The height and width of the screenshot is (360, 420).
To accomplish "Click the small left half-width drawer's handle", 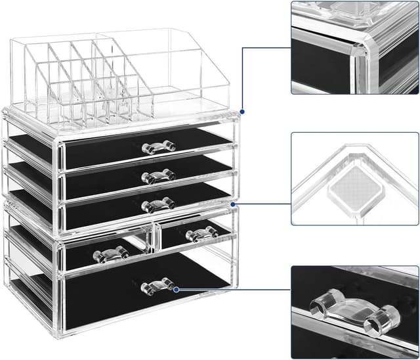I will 110,254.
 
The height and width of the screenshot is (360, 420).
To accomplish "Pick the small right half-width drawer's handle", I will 201,234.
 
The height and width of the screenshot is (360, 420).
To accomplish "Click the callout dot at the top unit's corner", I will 242,112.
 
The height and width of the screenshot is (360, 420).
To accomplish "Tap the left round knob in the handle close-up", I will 322,307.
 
